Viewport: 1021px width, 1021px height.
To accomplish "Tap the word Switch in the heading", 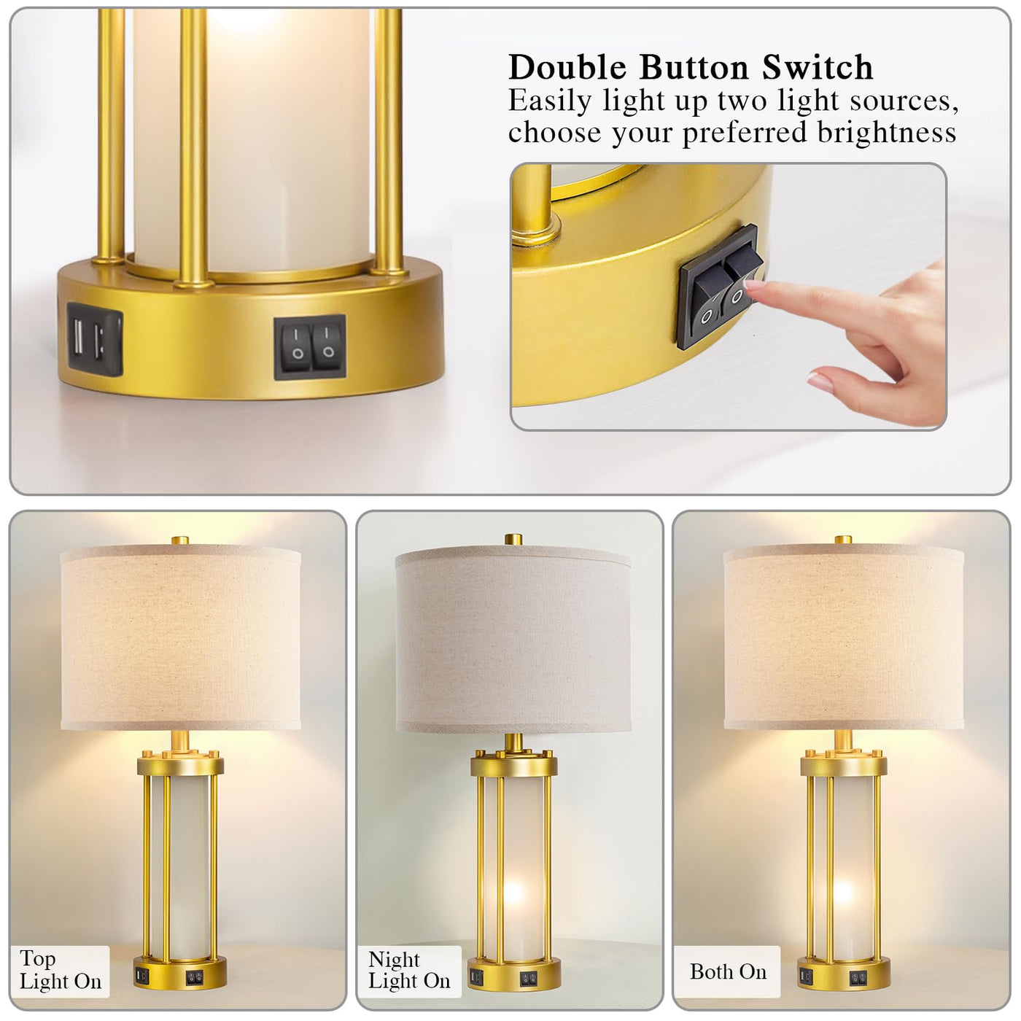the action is click(x=818, y=67).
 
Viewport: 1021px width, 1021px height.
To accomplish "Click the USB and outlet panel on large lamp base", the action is click(x=95, y=339).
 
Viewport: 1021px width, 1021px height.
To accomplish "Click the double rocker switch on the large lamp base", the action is click(x=310, y=346).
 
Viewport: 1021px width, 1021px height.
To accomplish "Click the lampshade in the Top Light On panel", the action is click(x=181, y=637).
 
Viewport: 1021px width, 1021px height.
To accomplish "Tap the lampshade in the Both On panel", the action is click(x=844, y=637).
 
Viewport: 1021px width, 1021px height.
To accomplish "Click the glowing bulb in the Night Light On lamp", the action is click(x=513, y=893).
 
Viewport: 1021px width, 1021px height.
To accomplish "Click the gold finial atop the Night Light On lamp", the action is click(x=513, y=540).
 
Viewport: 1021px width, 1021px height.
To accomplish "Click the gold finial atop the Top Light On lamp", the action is click(x=180, y=540).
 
